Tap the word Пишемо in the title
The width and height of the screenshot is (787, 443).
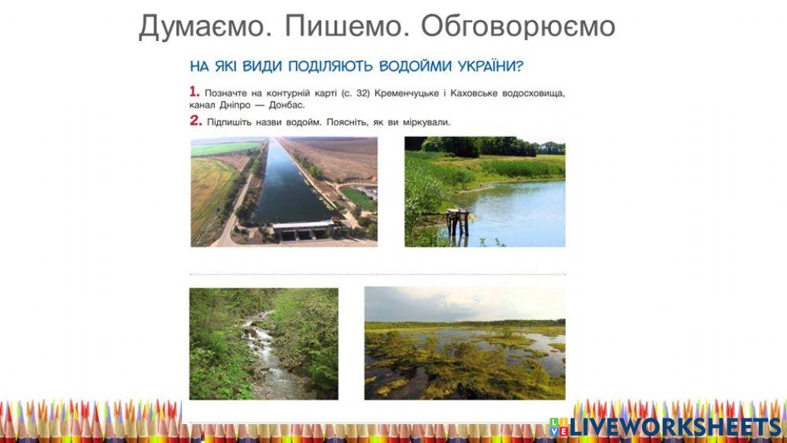(346, 27)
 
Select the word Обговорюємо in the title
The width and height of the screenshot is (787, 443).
(517, 27)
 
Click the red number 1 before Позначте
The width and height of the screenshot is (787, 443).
(194, 91)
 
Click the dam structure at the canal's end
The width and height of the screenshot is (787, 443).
(303, 230)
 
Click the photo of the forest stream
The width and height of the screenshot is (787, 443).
(264, 343)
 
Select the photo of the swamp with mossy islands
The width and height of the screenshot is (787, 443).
(464, 343)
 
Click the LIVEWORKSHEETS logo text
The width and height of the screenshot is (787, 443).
(675, 426)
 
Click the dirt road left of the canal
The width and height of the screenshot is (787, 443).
(236, 213)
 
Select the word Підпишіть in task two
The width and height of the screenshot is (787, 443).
(229, 122)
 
